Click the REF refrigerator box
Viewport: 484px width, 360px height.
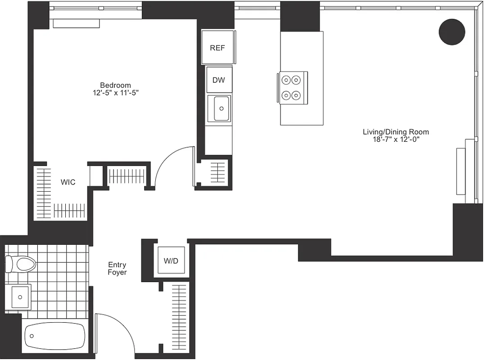click(217, 48)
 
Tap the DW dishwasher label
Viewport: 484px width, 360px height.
click(219, 80)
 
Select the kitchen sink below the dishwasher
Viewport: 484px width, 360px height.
click(222, 108)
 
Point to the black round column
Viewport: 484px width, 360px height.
click(452, 31)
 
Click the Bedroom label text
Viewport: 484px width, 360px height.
click(115, 85)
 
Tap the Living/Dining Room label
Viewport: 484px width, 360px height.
click(396, 132)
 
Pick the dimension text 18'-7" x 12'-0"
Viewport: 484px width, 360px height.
click(396, 139)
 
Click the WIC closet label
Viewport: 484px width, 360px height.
click(68, 182)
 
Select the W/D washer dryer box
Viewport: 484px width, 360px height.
click(171, 261)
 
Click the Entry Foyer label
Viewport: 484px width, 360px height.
click(117, 269)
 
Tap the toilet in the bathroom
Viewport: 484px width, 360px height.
click(21, 264)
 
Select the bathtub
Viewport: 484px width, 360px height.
click(55, 335)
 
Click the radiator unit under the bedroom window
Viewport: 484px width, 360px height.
click(76, 23)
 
